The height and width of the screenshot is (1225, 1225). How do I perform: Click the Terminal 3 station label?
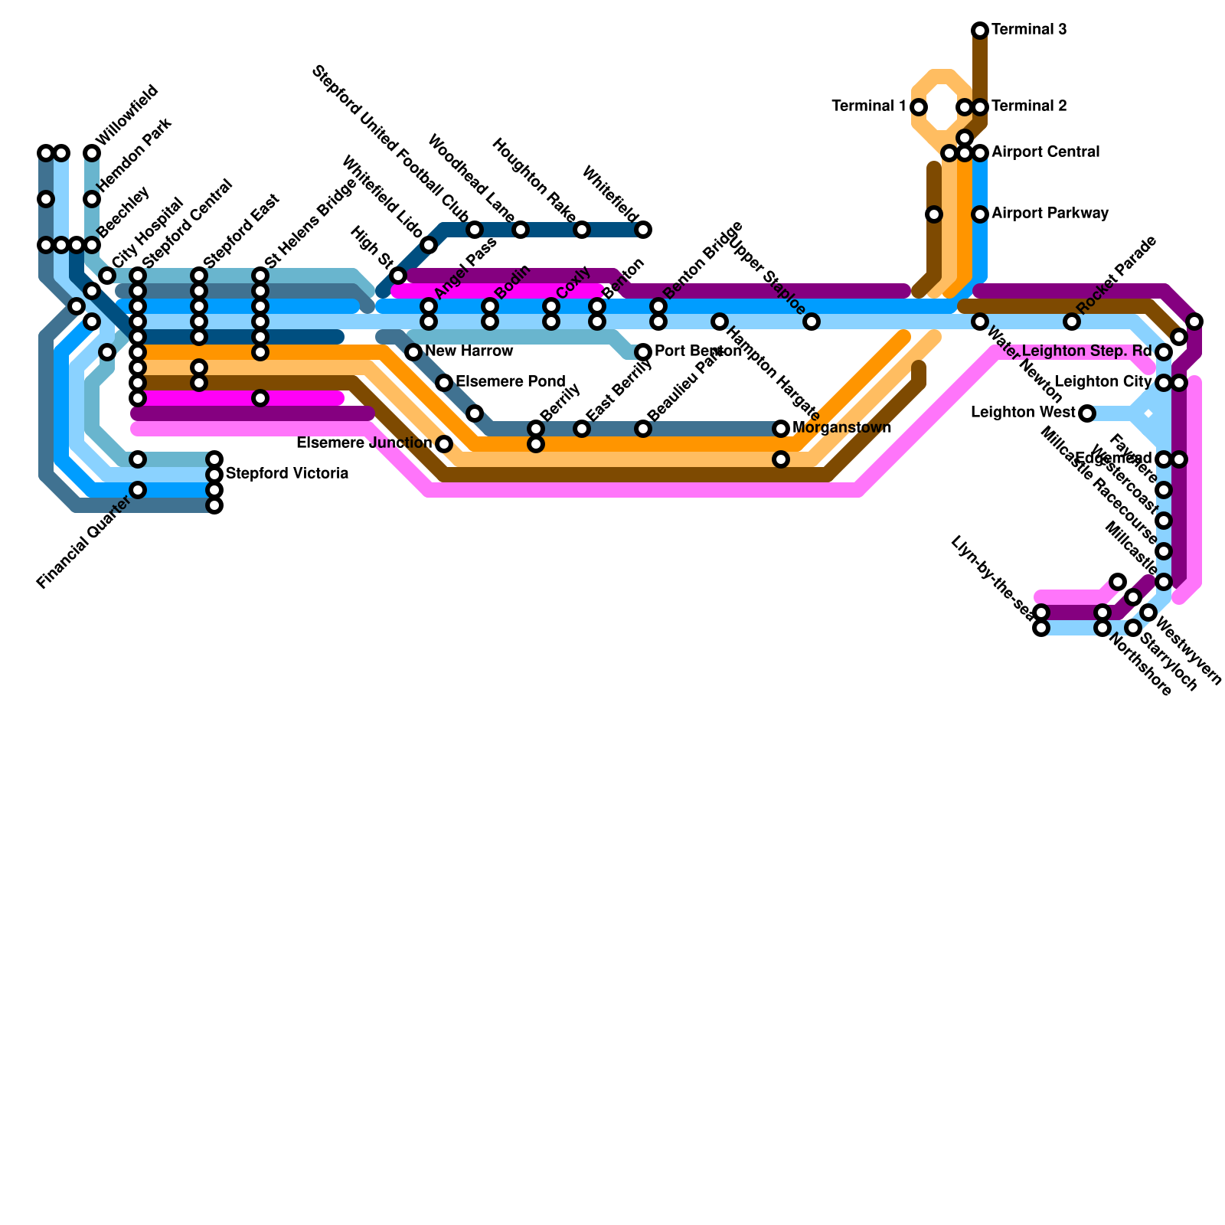1029,30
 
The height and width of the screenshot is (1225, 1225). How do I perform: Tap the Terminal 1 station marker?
919,106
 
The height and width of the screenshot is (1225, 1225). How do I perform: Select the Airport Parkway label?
1050,214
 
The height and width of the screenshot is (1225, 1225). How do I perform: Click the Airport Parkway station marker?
980,214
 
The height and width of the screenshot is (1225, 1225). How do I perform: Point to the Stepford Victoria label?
287,474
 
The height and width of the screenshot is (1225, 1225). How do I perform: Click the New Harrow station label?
469,351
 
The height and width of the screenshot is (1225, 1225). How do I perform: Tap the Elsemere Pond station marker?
444,382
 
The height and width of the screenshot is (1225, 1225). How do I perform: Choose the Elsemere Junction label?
364,443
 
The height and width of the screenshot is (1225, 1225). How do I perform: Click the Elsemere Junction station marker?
444,444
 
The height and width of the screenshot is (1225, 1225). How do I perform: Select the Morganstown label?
841,428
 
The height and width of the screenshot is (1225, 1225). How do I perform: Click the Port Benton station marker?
643,351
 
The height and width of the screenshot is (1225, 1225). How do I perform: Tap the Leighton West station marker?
1087,413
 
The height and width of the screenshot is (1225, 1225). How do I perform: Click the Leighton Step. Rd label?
1086,351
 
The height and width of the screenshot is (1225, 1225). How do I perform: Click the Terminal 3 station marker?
980,30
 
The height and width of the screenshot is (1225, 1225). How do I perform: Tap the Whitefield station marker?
643,229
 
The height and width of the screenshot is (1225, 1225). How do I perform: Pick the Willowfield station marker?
92,153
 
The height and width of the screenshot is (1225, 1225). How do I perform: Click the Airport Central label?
1045,152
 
